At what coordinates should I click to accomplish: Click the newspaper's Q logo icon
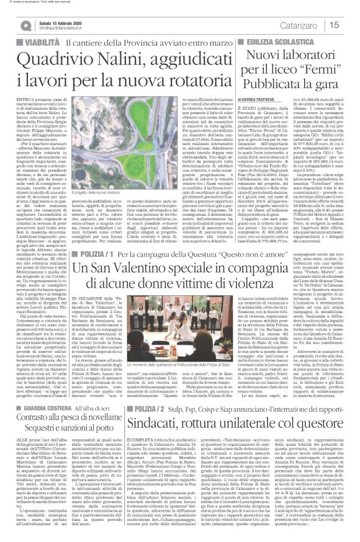(24, 24)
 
